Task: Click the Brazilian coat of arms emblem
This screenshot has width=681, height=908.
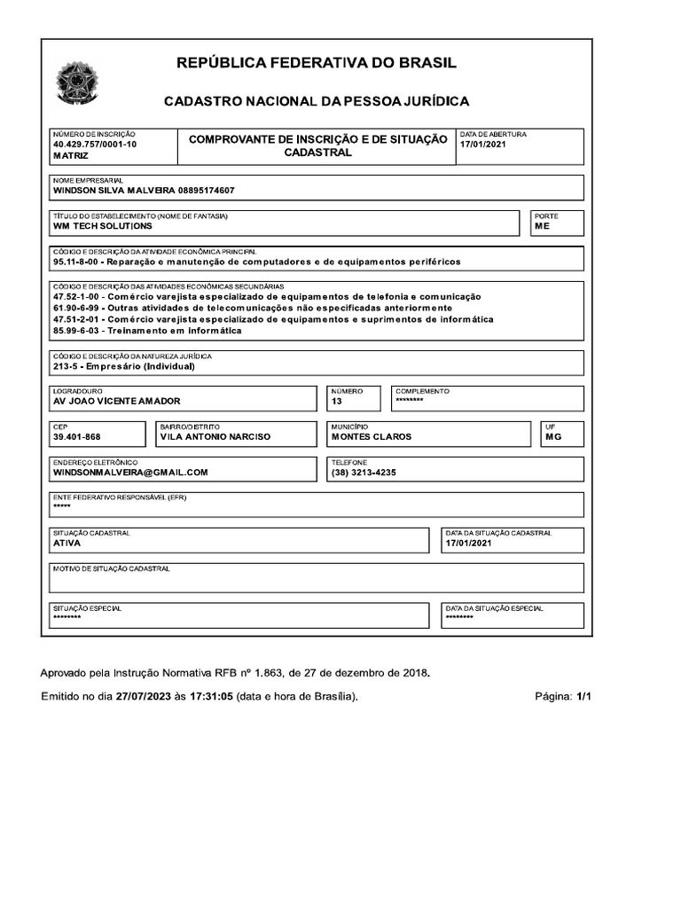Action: pos(79,82)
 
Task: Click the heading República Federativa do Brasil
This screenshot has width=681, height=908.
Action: pos(317,63)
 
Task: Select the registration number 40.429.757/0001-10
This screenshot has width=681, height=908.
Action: pos(95,144)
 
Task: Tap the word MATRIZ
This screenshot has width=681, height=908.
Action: pos(71,155)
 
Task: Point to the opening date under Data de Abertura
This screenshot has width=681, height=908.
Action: pos(482,145)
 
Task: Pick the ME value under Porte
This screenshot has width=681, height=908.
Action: pos(542,226)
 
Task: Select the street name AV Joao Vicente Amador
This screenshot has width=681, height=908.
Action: pos(117,402)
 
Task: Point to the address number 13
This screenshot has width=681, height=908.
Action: pos(336,402)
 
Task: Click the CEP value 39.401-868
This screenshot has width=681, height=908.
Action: pos(77,437)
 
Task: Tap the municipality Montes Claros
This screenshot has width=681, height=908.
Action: pos(372,437)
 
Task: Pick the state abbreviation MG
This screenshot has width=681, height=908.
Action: pos(553,437)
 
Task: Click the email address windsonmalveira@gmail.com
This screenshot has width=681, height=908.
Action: pos(130,473)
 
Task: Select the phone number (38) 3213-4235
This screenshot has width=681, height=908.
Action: pos(364,473)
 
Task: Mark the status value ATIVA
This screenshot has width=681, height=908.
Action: pos(67,544)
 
